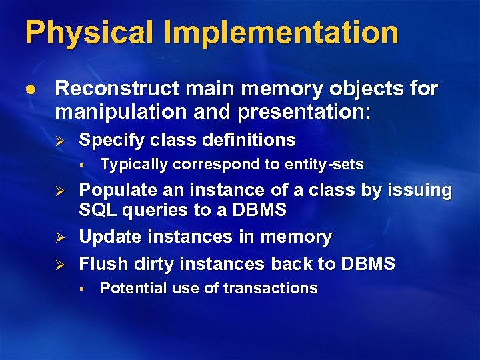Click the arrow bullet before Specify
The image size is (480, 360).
click(x=58, y=141)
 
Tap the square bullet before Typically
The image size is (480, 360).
click(x=79, y=164)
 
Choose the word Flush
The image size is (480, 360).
click(x=100, y=264)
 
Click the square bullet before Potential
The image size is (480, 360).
click(x=79, y=289)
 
